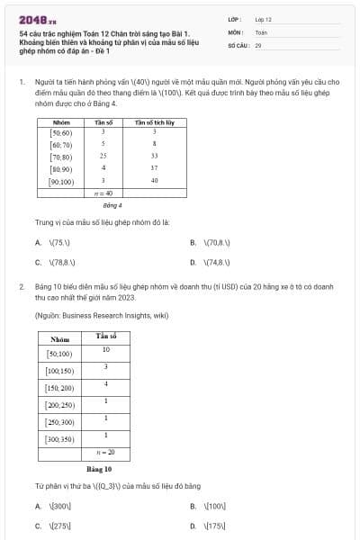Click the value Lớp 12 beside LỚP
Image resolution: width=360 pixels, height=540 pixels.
(263, 18)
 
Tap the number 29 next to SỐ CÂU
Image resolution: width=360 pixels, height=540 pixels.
(258, 44)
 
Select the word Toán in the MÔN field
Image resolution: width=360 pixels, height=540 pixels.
(261, 31)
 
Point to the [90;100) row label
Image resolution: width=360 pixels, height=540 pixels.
(62, 181)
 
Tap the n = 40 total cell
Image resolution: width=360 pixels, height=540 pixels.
(104, 193)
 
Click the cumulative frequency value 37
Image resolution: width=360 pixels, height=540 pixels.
(154, 168)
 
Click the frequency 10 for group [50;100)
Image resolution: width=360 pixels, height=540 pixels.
(106, 349)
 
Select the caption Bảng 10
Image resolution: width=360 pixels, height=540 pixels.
(98, 469)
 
